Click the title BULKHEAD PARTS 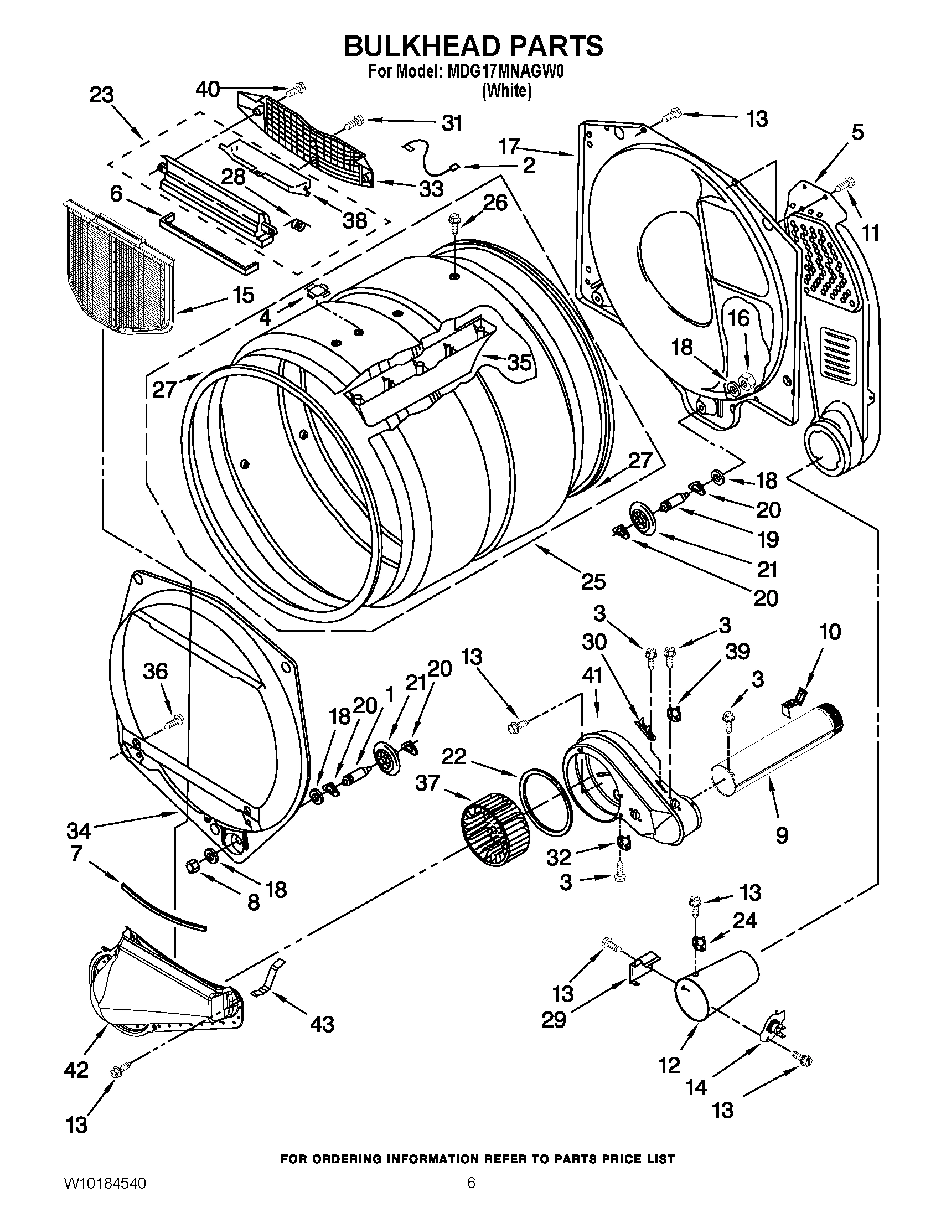(x=473, y=46)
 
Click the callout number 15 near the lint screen (x=244, y=295)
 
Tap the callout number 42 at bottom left (x=76, y=1070)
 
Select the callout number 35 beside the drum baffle (x=519, y=363)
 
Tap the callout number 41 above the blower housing (x=592, y=676)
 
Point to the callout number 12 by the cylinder (x=670, y=1065)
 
